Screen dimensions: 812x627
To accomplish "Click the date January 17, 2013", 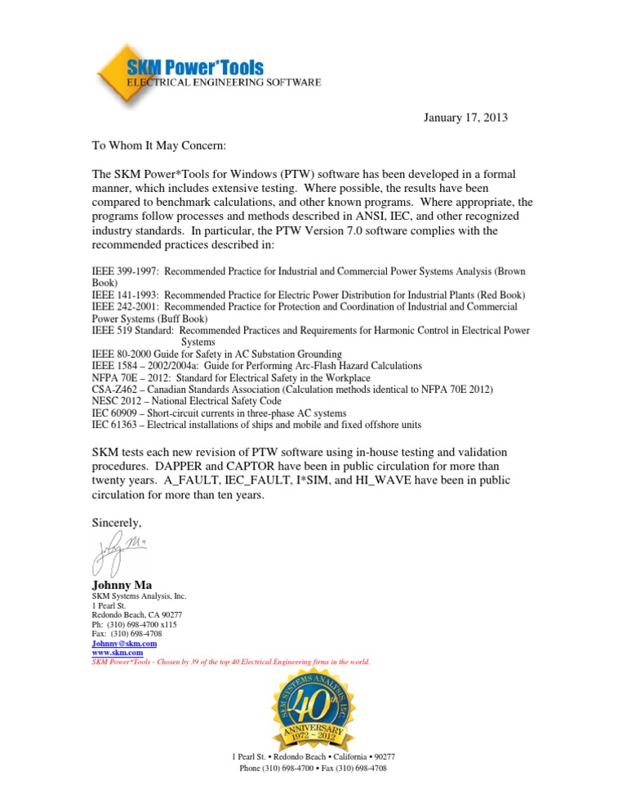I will point(465,118).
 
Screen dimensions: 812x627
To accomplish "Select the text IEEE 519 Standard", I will point(131,330).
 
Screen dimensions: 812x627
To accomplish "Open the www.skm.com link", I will point(117,653).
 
